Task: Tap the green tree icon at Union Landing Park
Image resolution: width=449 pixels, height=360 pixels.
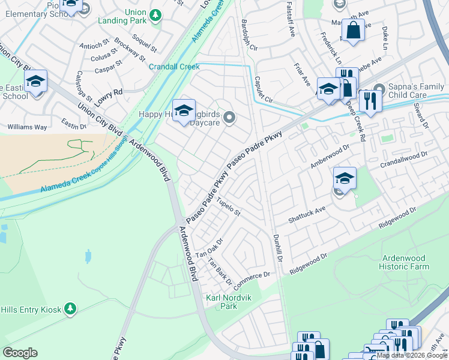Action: [x=155, y=14]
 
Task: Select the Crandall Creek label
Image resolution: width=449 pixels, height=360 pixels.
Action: [x=174, y=67]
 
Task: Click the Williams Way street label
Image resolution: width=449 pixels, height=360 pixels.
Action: [x=27, y=127]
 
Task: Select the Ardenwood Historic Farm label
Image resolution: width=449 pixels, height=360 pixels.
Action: [x=405, y=262]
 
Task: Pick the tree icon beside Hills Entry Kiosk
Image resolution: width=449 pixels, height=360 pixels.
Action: [x=71, y=309]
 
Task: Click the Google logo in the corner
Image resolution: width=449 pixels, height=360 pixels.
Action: [x=20, y=353]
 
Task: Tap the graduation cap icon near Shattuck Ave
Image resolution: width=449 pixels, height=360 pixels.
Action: [x=345, y=177]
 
